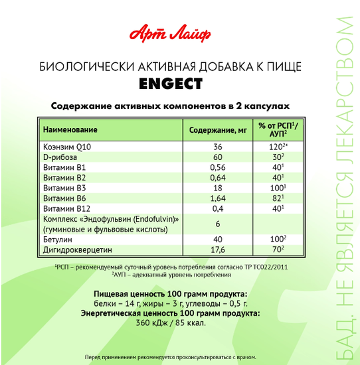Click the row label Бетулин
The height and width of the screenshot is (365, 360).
58,239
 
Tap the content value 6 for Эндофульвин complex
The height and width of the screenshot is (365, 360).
217,224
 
